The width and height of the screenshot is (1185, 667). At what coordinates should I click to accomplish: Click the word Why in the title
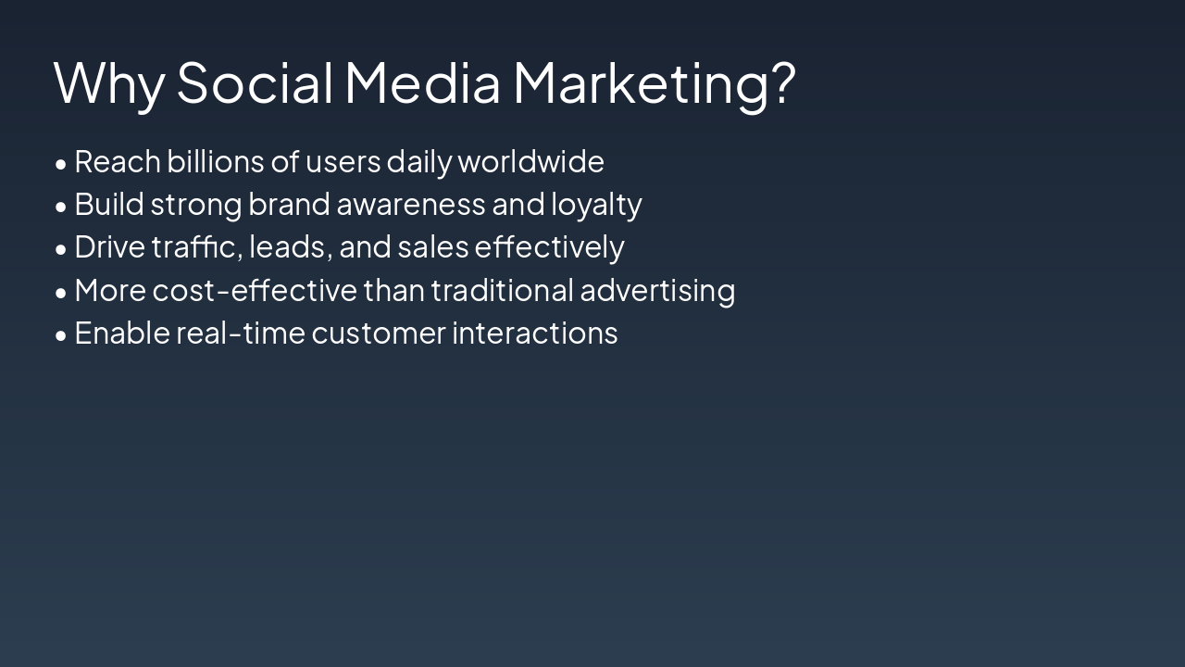[x=108, y=83]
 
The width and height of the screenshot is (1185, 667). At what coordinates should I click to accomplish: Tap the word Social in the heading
[x=255, y=82]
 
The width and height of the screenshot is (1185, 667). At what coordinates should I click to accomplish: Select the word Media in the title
[x=422, y=82]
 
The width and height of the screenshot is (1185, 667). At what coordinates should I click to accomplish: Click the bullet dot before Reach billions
[x=61, y=164]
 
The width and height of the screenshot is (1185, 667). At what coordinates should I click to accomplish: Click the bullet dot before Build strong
[x=61, y=207]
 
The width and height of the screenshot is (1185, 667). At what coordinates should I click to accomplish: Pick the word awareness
[x=410, y=205]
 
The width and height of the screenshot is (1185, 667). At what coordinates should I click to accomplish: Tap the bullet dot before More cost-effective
[x=61, y=293]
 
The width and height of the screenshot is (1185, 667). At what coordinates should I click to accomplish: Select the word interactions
[x=534, y=333]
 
